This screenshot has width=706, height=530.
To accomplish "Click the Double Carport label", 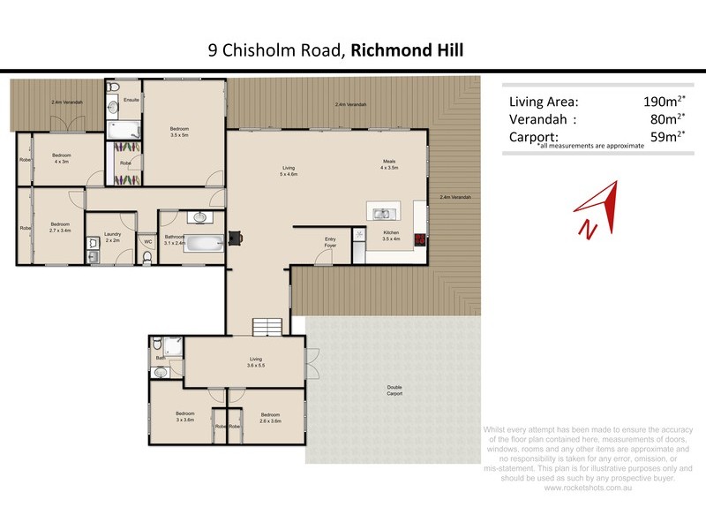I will coord(394,390).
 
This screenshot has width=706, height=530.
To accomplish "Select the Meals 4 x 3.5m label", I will coord(389,163).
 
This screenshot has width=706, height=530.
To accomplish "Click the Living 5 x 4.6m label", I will coord(289,170).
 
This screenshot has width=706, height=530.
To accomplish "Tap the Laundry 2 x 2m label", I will coord(113,238).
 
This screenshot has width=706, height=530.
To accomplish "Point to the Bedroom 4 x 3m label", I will coord(61,158).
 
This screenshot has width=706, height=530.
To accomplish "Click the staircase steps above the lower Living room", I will coord(267,327).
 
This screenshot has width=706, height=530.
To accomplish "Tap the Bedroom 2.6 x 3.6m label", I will coord(269,417).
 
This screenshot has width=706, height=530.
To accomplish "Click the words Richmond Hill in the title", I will coord(407,50).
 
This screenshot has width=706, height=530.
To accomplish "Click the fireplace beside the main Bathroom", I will coord(235,237).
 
